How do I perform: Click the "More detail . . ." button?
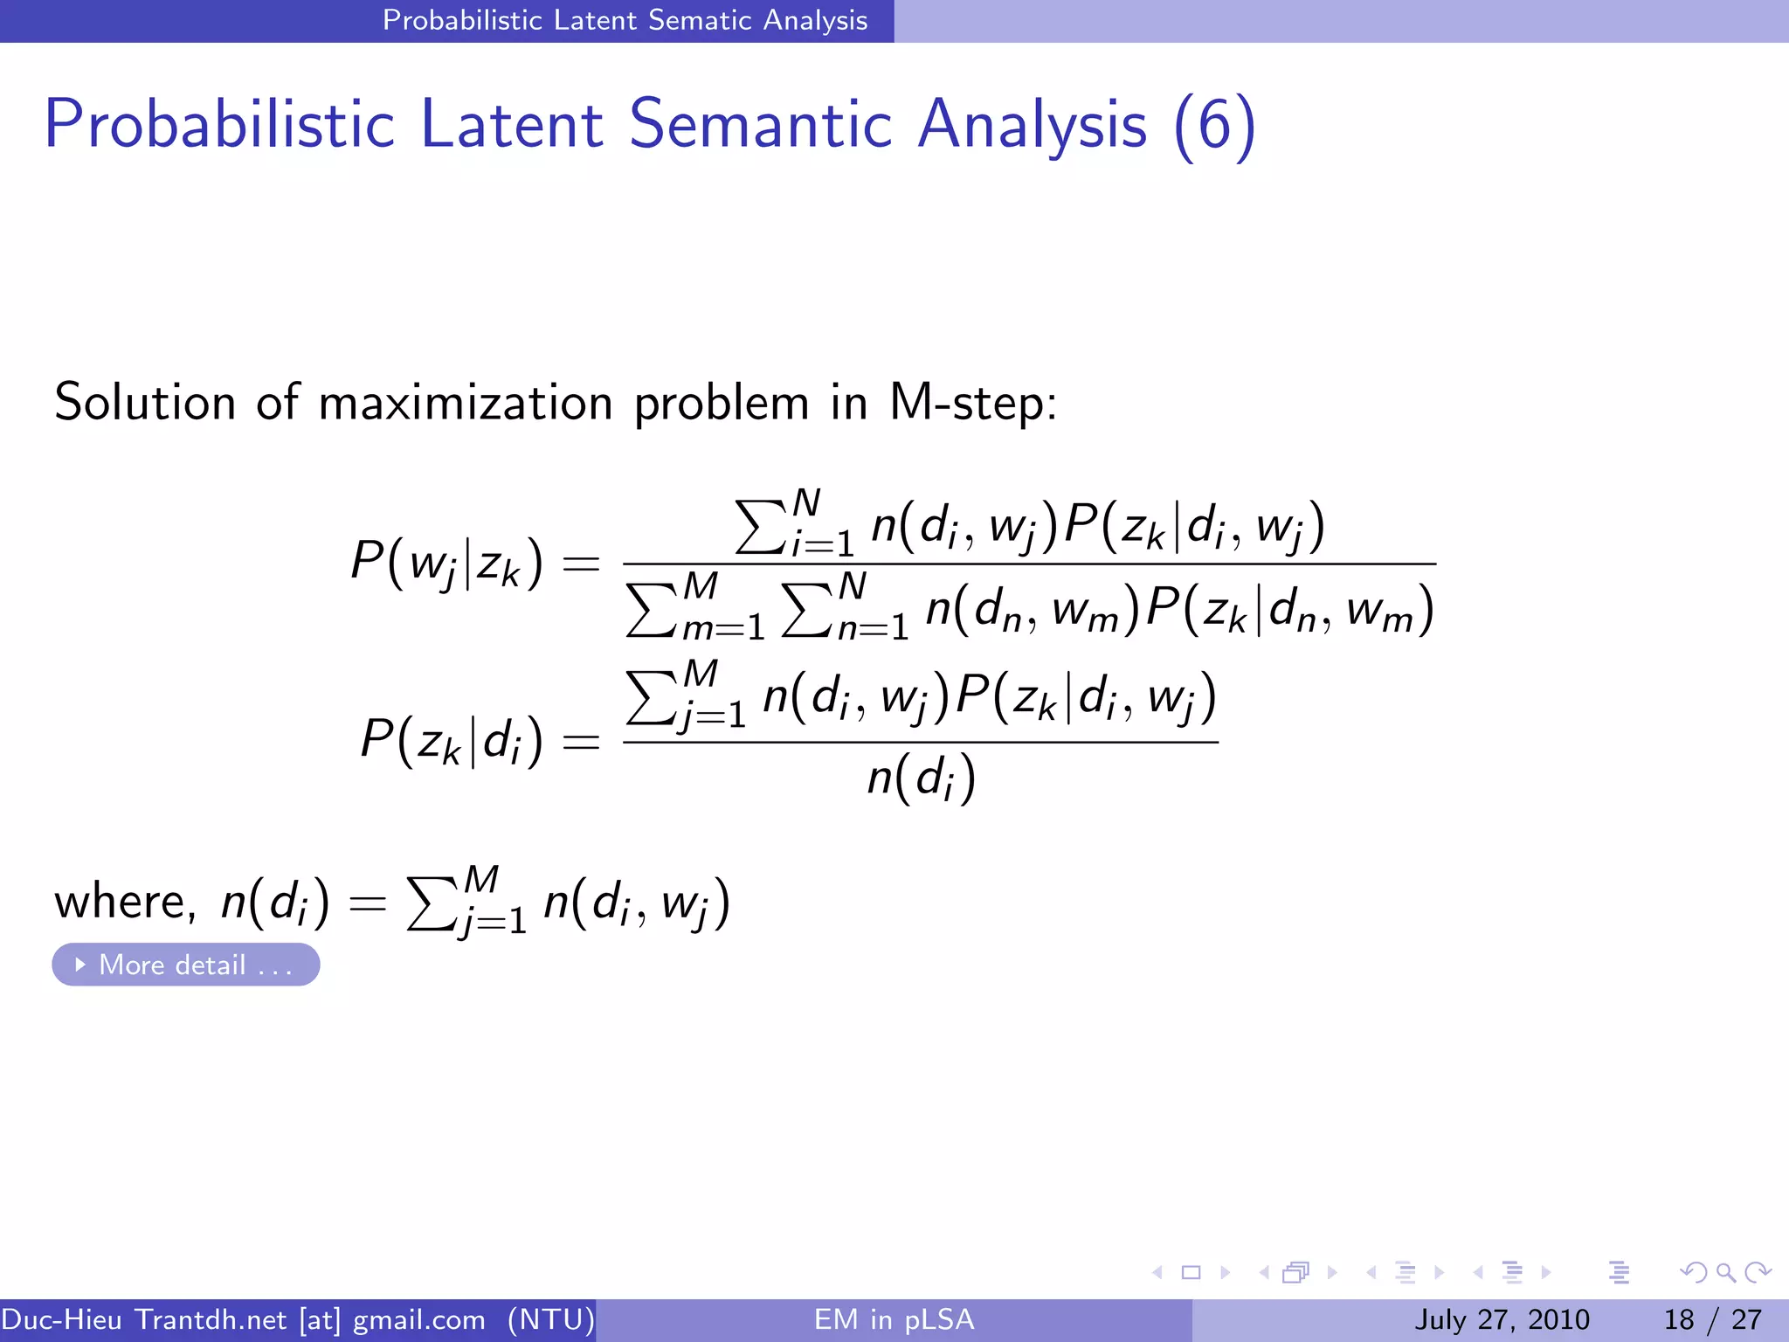point(185,965)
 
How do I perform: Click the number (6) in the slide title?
point(1214,126)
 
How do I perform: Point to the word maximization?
point(466,404)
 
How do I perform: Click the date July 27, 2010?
point(1502,1319)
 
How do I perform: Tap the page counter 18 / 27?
point(1712,1319)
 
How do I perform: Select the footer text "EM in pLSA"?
point(894,1319)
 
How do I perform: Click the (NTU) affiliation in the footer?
point(551,1319)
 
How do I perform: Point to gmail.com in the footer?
point(418,1319)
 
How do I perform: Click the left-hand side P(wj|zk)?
point(446,563)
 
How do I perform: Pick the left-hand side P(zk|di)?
point(452,741)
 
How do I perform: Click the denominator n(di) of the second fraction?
point(921,778)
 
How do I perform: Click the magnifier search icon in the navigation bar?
point(1725,1272)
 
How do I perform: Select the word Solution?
point(145,404)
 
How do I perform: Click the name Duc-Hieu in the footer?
point(61,1319)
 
